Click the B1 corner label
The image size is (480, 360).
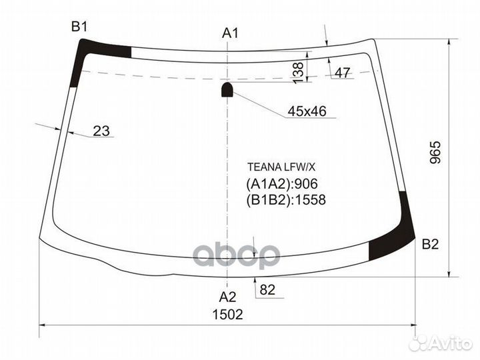point(80,27)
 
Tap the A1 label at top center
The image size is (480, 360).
point(231,33)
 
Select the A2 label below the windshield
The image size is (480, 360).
point(228,297)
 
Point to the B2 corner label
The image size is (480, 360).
point(430,245)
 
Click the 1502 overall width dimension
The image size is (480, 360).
point(228,314)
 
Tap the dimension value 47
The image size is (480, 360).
point(342,73)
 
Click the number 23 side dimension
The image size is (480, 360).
point(101,131)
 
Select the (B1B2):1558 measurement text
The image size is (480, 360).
point(286,199)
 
